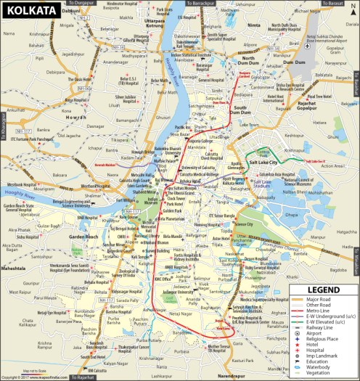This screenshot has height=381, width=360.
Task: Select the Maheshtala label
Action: point(15,268)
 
